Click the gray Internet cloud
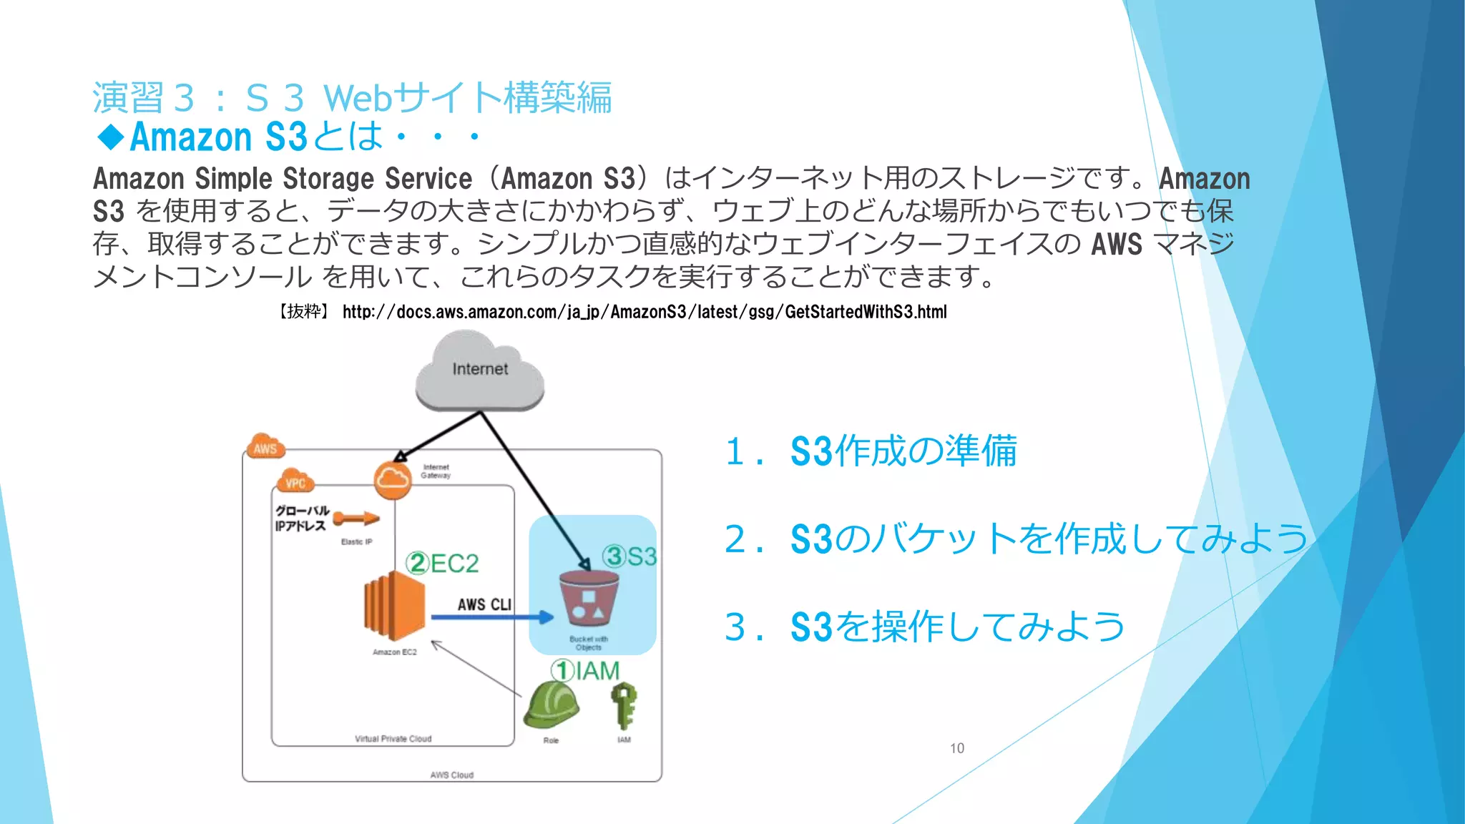(479, 372)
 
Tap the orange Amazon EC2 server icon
(394, 606)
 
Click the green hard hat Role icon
(550, 705)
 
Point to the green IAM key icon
(624, 705)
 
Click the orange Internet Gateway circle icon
(393, 479)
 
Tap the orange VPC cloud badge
(295, 482)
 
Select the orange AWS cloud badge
(265, 447)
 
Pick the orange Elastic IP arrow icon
(356, 519)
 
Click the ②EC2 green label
(442, 564)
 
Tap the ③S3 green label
(629, 556)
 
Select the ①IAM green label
(585, 671)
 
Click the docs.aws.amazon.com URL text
(644, 312)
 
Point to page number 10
(956, 748)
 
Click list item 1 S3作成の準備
(871, 451)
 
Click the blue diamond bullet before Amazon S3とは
(111, 136)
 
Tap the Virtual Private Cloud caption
(393, 739)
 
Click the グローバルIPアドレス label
(302, 518)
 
